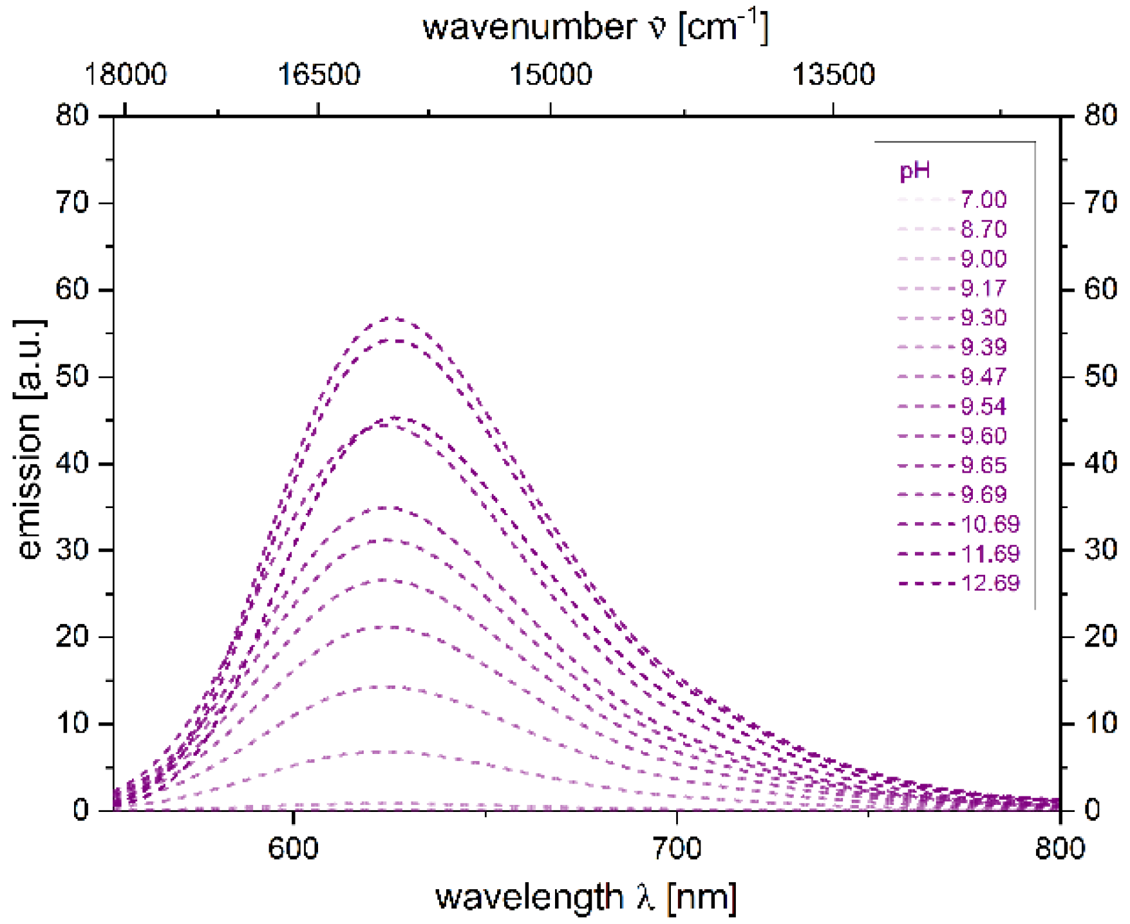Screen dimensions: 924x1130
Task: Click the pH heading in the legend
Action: [914, 171]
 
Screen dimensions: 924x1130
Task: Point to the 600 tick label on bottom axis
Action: [293, 848]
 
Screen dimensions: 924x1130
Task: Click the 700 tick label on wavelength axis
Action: [677, 848]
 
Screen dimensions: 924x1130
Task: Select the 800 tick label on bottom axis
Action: [1060, 848]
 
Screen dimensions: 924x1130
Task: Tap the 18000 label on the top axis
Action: [126, 75]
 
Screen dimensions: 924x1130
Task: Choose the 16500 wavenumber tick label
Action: [318, 75]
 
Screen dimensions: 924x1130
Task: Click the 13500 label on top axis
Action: [833, 75]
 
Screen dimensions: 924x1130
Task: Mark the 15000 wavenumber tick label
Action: [551, 75]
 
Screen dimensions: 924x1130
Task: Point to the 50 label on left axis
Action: [72, 377]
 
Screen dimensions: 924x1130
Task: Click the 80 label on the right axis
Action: [1100, 116]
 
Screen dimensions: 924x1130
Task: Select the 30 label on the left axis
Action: [72, 550]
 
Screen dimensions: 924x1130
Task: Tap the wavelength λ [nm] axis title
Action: [586, 897]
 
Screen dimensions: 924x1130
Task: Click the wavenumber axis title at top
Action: [595, 27]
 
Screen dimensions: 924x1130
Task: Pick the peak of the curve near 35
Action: [389, 507]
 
